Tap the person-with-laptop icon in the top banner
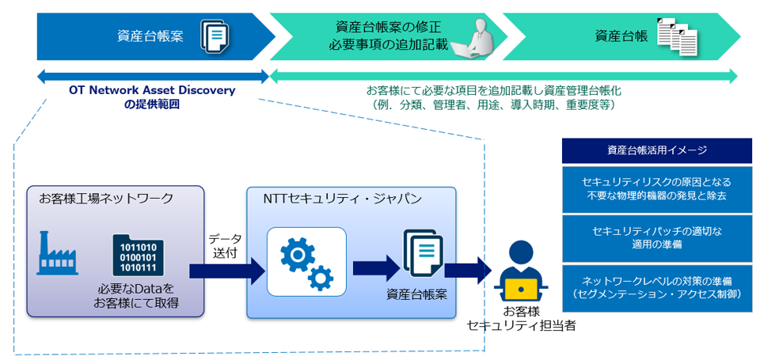[477, 36]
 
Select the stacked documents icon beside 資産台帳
[678, 36]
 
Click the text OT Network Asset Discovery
[152, 90]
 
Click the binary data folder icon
[139, 254]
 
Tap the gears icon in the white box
[307, 262]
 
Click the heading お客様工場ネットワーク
[106, 199]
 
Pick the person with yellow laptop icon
[520, 269]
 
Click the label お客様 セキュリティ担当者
[521, 318]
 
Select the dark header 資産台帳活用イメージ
[656, 150]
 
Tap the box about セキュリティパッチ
[656, 237]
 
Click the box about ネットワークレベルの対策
[656, 287]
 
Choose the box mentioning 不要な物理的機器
[656, 188]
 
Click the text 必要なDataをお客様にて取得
[135, 296]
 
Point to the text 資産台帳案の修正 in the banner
[388, 27]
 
